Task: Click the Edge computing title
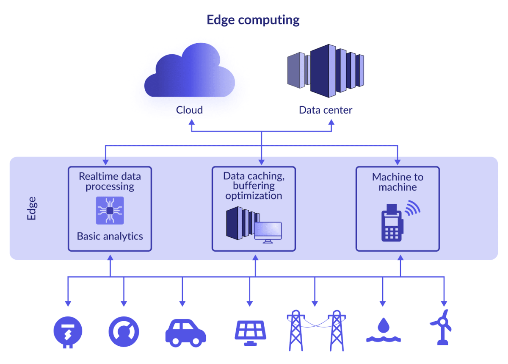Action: (253, 20)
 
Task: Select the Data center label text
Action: (325, 110)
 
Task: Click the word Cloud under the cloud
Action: (189, 110)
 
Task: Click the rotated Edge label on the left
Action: (31, 208)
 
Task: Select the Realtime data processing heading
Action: (110, 181)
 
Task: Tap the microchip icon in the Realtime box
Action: (110, 210)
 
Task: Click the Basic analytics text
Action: (110, 236)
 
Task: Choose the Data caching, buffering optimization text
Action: (254, 186)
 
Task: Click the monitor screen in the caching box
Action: (268, 230)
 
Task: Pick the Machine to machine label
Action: (398, 182)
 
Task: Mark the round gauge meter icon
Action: (124, 331)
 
